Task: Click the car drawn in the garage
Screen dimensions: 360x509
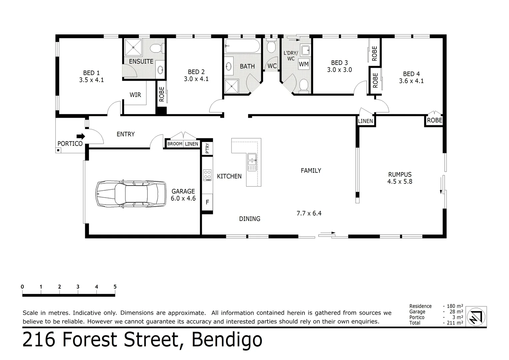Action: (131, 194)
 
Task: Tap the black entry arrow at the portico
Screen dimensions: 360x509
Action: (81, 136)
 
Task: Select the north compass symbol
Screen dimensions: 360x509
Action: (476, 316)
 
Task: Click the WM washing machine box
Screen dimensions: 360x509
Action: (303, 64)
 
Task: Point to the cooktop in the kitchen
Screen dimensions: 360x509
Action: (207, 175)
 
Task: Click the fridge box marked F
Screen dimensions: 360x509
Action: (207, 202)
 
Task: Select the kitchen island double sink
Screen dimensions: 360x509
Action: (252, 162)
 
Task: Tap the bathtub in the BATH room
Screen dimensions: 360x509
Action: (242, 46)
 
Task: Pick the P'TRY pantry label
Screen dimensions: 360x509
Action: (207, 148)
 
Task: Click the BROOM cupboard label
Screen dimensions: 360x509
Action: (175, 144)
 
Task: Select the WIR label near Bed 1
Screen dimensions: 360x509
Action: (135, 95)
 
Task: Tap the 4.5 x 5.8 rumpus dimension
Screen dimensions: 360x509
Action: (400, 182)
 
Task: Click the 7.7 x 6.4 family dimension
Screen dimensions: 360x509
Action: (309, 213)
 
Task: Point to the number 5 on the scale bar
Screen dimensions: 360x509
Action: (115, 287)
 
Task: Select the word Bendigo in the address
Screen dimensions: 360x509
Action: (227, 340)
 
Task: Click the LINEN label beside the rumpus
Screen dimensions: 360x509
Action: (365, 121)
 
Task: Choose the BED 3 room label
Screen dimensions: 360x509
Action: (339, 63)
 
